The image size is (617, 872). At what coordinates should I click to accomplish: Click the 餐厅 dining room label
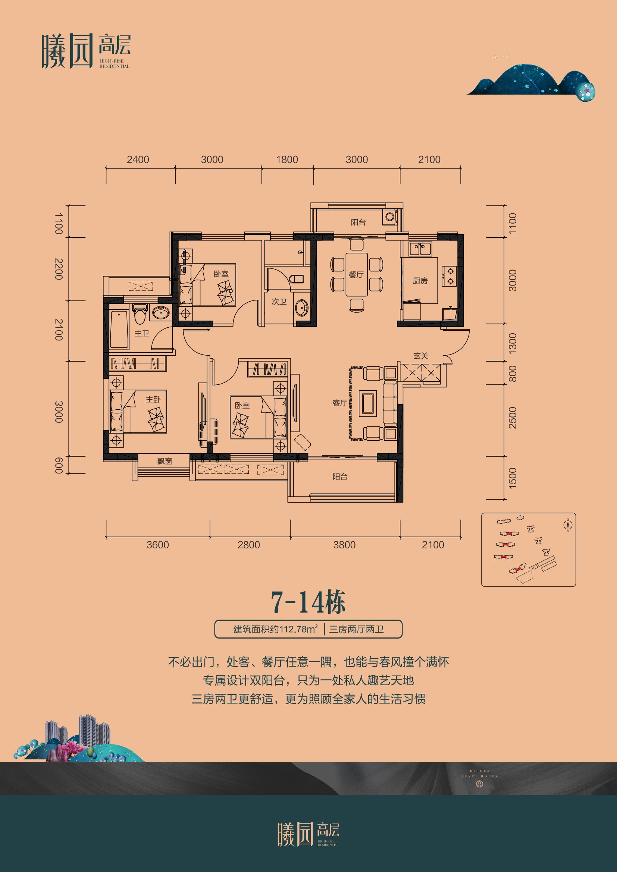click(x=356, y=275)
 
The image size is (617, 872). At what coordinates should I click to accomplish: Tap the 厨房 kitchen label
click(x=420, y=281)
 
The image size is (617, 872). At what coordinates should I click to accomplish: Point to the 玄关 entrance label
click(x=421, y=356)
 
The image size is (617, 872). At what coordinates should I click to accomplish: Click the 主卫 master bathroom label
click(x=142, y=333)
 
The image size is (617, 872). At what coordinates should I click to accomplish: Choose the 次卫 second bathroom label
click(x=279, y=302)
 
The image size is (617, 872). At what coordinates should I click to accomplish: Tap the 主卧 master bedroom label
click(x=153, y=399)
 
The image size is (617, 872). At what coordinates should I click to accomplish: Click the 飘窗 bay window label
click(x=165, y=461)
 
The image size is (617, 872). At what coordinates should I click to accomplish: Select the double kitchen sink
click(x=420, y=249)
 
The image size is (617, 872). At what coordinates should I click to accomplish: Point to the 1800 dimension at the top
click(x=287, y=160)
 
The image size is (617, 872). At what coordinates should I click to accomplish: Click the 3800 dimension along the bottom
click(x=344, y=545)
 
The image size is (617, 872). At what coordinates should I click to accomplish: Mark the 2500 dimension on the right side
click(x=513, y=418)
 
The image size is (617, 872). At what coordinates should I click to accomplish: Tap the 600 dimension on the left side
click(x=59, y=465)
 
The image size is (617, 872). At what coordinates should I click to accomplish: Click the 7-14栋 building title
click(x=308, y=603)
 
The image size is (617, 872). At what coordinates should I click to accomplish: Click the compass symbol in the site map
click(x=568, y=525)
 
